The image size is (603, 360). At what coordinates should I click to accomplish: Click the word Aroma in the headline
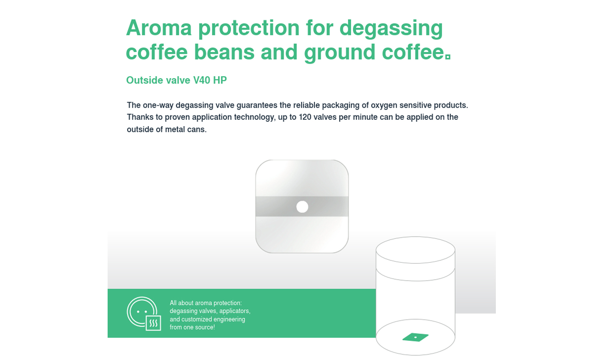pos(159,28)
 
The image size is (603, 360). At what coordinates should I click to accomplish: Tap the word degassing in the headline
pos(391,29)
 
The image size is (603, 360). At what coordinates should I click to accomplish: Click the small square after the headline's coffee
pos(448,57)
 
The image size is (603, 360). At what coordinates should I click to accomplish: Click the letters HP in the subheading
pos(220,80)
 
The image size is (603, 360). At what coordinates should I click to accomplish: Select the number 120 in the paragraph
pos(305,117)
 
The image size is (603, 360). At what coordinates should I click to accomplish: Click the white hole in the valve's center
pos(302,207)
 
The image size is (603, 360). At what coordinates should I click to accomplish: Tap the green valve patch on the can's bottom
pos(415,337)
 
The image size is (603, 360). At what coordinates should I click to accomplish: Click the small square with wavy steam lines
pos(154,323)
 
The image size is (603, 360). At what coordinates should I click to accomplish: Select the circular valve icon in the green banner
pos(142,312)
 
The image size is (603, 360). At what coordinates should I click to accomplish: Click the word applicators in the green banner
pos(235,311)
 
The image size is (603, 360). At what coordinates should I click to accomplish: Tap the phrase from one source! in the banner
pos(192,328)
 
